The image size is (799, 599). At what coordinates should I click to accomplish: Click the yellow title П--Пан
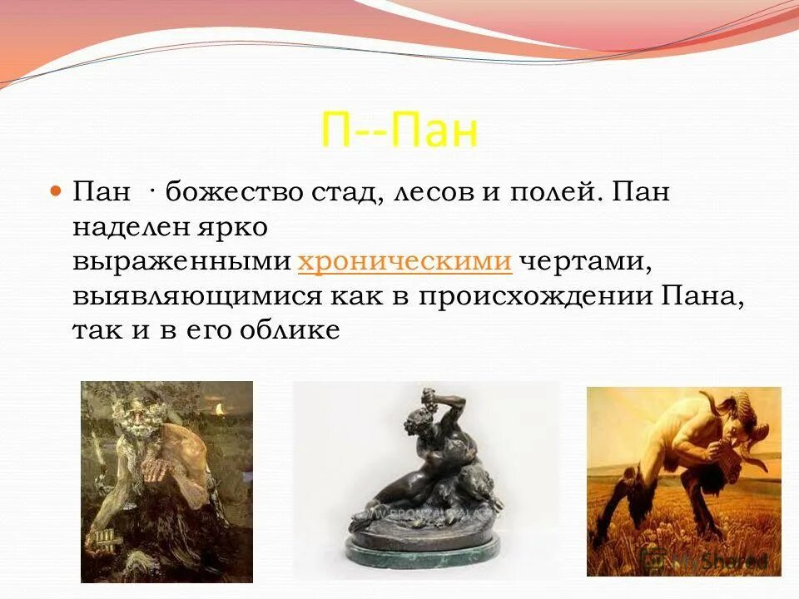point(399,131)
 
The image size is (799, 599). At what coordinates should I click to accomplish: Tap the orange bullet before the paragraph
point(57,191)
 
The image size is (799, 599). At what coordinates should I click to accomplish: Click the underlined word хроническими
point(404,261)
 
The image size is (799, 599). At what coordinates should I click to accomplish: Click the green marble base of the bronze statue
point(426,548)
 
